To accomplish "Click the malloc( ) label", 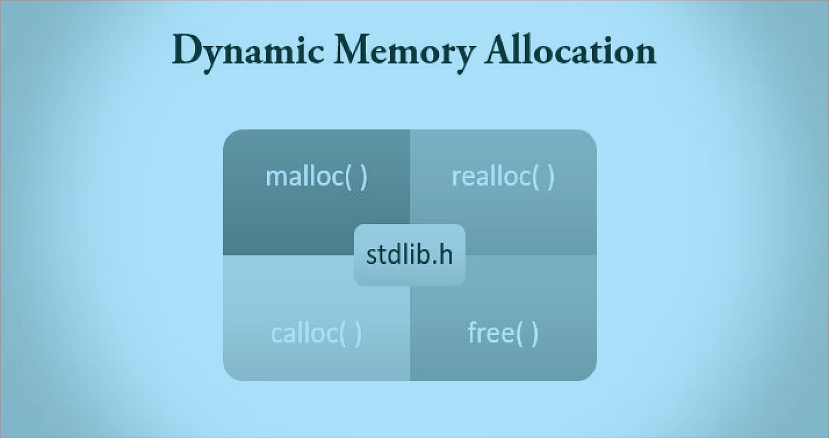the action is click(x=316, y=177).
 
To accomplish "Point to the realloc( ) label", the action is click(x=503, y=177).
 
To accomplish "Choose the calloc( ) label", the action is click(x=316, y=334).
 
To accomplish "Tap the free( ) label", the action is click(x=503, y=334).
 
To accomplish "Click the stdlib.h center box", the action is click(x=410, y=255).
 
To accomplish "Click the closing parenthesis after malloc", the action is click(x=363, y=177).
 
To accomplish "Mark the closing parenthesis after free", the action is click(x=535, y=334).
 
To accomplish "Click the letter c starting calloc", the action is click(x=276, y=335).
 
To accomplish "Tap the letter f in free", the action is click(x=473, y=333).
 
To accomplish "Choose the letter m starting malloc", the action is click(x=275, y=178).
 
